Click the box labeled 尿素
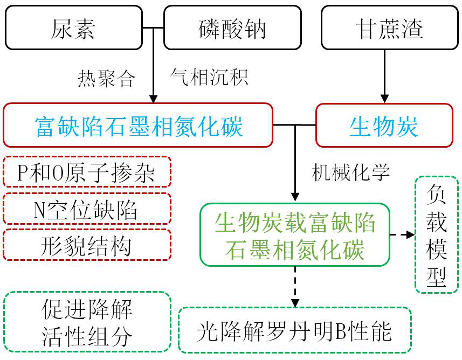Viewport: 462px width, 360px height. (73, 27)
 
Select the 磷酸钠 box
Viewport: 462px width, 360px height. (232, 27)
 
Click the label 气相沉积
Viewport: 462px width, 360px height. (209, 77)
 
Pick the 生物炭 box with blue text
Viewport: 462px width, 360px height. (383, 126)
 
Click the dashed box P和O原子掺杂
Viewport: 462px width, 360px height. (87, 173)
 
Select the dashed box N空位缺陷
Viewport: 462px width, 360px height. (87, 210)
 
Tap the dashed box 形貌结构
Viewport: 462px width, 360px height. (87, 246)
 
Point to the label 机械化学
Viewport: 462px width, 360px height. (350, 172)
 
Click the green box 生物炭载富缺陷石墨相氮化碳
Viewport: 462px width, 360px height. (294, 235)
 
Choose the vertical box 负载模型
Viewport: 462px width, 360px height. (436, 234)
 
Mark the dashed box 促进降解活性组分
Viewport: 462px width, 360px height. (87, 322)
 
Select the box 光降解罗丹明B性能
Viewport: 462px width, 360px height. (294, 330)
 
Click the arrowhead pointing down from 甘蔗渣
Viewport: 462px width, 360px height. (384, 99)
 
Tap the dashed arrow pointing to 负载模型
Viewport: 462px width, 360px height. (403, 235)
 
